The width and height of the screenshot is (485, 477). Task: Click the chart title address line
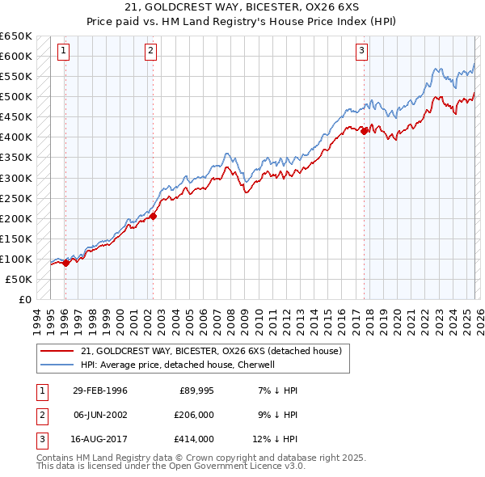click(x=242, y=7)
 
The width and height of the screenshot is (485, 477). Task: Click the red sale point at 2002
click(x=153, y=216)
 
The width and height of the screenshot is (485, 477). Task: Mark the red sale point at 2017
click(x=364, y=131)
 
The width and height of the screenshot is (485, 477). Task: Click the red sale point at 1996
click(x=65, y=263)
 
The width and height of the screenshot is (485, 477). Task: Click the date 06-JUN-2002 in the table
click(x=99, y=415)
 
